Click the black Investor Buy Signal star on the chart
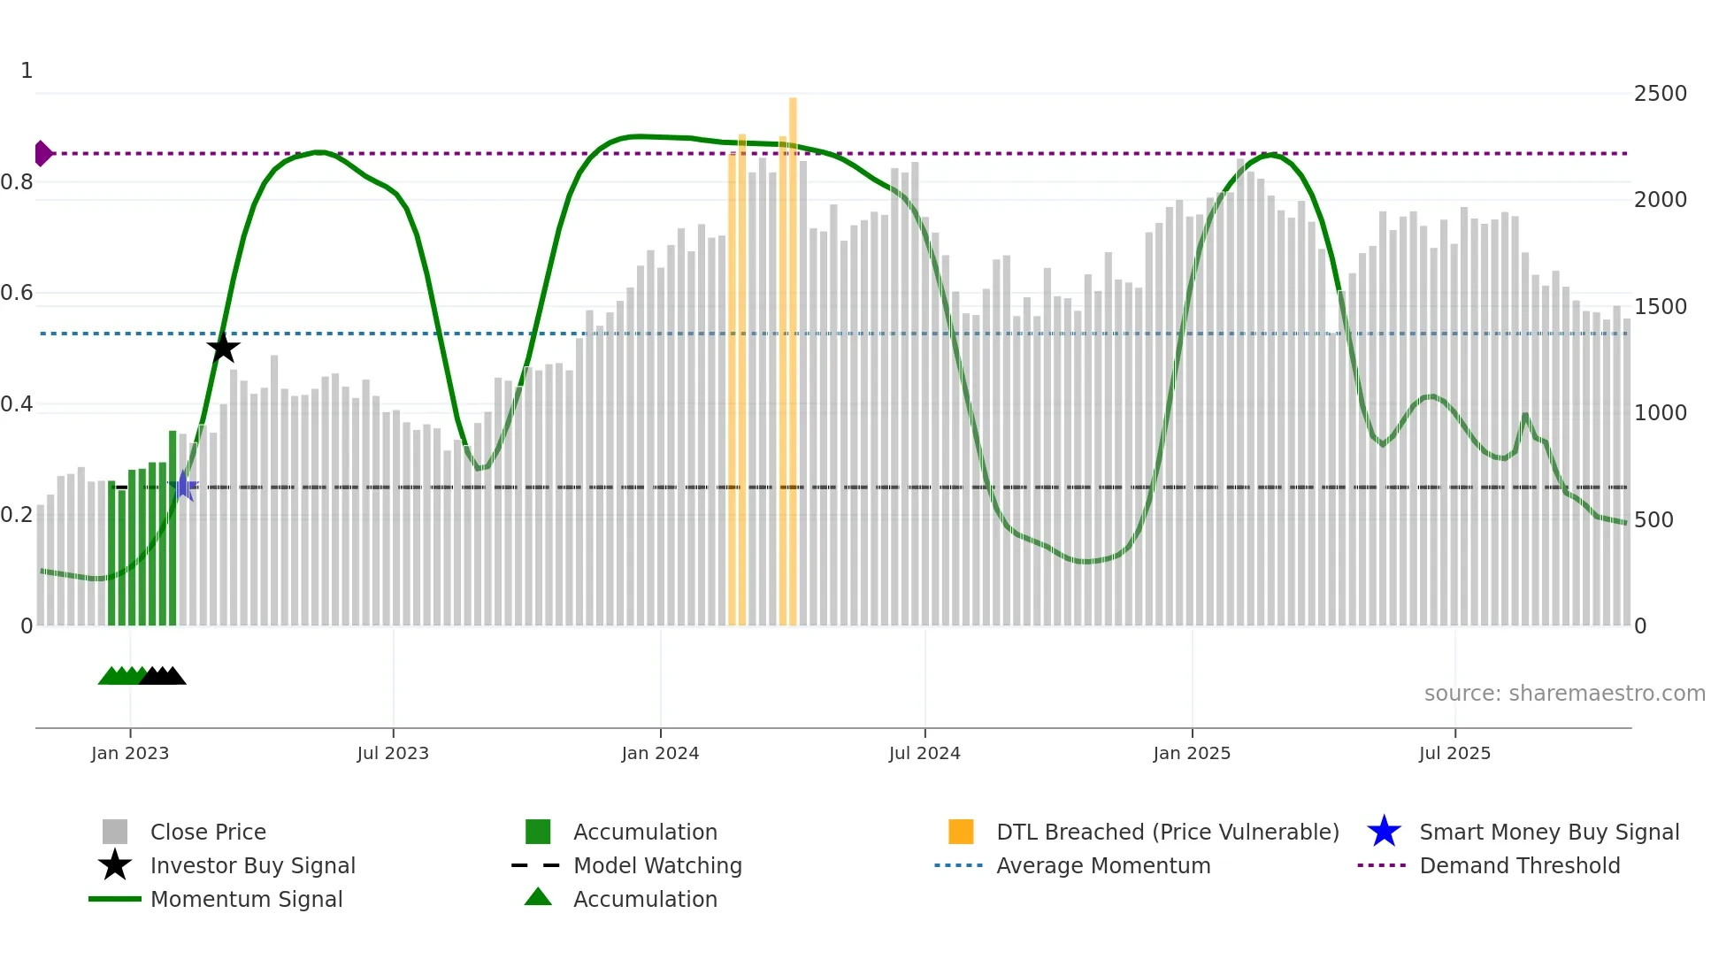pyautogui.click(x=223, y=348)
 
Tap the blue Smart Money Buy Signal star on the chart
pyautogui.click(x=183, y=486)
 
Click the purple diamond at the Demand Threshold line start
pyautogui.click(x=42, y=153)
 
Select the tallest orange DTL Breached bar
pyautogui.click(x=793, y=354)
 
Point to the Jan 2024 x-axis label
pyautogui.click(x=660, y=753)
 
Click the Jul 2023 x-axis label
pyautogui.click(x=393, y=753)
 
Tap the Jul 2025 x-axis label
pyautogui.click(x=1454, y=753)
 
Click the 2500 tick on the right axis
pyautogui.click(x=1661, y=94)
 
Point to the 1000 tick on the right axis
pyautogui.click(x=1661, y=413)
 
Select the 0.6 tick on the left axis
pyautogui.click(x=18, y=293)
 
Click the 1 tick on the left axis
pyautogui.click(x=27, y=71)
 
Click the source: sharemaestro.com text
pyautogui.click(x=1564, y=694)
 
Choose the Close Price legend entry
pyautogui.click(x=208, y=833)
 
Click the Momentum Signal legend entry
pyautogui.click(x=246, y=900)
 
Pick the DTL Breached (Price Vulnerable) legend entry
pyautogui.click(x=1167, y=833)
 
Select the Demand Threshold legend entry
pyautogui.click(x=1519, y=866)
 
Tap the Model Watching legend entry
pyautogui.click(x=657, y=866)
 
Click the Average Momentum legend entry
pyautogui.click(x=1103, y=866)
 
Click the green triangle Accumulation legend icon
pyautogui.click(x=538, y=897)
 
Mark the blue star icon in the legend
pyautogui.click(x=1384, y=832)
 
